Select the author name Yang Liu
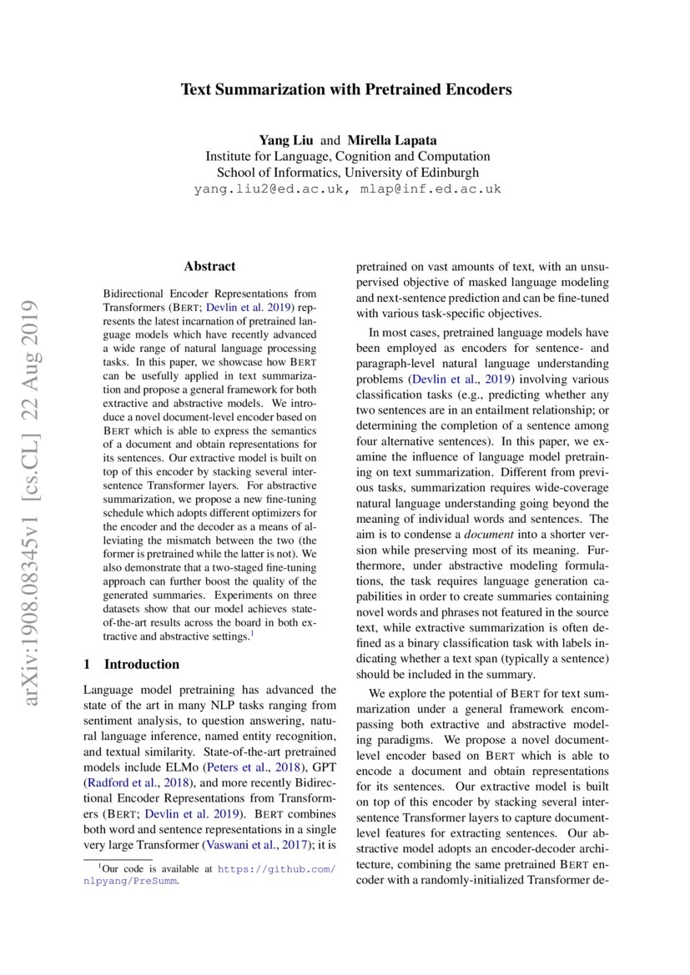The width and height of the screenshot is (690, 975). click(x=285, y=140)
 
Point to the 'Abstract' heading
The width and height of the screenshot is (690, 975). click(x=209, y=267)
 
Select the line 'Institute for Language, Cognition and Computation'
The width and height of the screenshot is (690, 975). click(x=347, y=156)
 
